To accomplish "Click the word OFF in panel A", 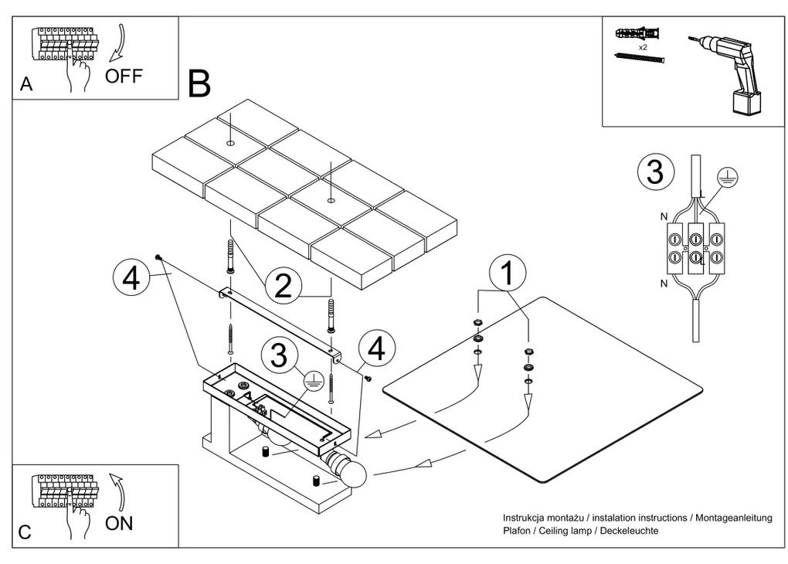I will pyautogui.click(x=124, y=76).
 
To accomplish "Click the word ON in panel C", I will pyautogui.click(x=120, y=523).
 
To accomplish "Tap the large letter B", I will pyautogui.click(x=199, y=83).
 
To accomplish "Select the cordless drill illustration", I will pyautogui.click(x=725, y=70).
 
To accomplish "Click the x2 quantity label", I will pyautogui.click(x=643, y=47).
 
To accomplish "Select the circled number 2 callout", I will pyautogui.click(x=284, y=285).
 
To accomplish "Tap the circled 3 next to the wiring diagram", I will pyautogui.click(x=655, y=172).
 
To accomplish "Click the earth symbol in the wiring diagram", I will pyautogui.click(x=725, y=176).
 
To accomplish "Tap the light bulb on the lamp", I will pyautogui.click(x=354, y=474).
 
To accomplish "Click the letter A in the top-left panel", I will pyautogui.click(x=26, y=86).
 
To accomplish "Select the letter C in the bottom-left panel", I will pyautogui.click(x=26, y=533).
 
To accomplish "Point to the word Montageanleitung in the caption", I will pyautogui.click(x=729, y=518).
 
